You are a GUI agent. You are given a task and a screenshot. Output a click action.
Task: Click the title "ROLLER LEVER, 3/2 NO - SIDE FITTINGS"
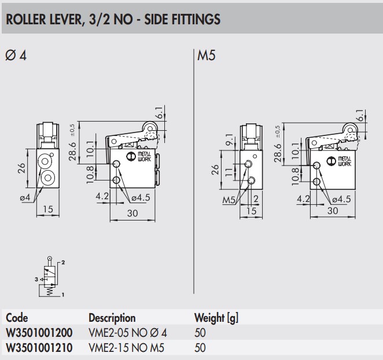coord(112,20)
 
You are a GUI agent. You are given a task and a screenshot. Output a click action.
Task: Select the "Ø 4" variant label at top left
coord(16,56)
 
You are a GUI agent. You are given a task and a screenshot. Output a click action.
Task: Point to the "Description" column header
coord(112,318)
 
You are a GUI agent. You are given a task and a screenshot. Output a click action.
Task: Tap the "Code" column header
coord(17,318)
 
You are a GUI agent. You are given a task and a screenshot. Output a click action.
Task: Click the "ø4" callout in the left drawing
coord(24,198)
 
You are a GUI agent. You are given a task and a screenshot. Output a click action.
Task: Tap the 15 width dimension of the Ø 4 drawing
coord(48,208)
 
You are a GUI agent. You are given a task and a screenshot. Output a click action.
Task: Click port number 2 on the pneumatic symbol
coord(63,262)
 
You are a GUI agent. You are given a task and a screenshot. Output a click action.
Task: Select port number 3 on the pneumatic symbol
coord(36,280)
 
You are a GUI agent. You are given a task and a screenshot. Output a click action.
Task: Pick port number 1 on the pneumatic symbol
coord(63,296)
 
